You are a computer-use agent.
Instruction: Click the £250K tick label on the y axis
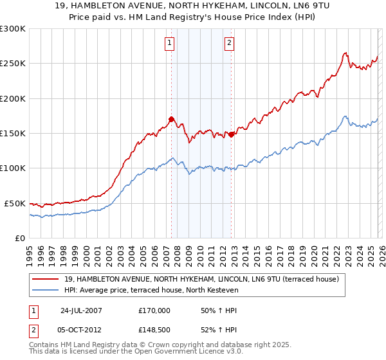pos(13,64)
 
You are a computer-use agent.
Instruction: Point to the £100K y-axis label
pos(13,168)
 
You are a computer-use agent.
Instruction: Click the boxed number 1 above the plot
pos(169,43)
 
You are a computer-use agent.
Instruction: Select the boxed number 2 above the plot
pos(229,43)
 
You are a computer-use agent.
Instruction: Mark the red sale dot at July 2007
pos(171,119)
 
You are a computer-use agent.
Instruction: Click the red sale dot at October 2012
pos(231,134)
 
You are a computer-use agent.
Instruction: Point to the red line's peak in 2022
pos(345,53)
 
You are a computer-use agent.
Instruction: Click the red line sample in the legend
pos(46,279)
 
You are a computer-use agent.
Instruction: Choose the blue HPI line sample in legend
pos(46,290)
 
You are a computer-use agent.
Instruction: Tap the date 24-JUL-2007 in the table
pos(82,310)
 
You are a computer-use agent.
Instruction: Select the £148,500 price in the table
pos(154,330)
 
